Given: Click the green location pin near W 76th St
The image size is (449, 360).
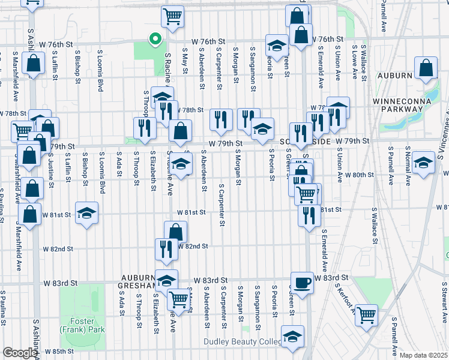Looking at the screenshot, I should click(x=155, y=40).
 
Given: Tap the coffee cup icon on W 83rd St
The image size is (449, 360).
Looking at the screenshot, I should click(x=302, y=282).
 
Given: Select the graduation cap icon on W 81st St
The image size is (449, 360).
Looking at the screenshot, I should click(x=87, y=213).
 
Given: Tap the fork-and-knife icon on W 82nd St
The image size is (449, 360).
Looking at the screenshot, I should click(x=166, y=249).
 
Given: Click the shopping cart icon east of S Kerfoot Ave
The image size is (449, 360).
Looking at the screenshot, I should click(x=366, y=313).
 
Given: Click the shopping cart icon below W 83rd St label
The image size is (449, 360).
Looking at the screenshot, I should click(x=178, y=298).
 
